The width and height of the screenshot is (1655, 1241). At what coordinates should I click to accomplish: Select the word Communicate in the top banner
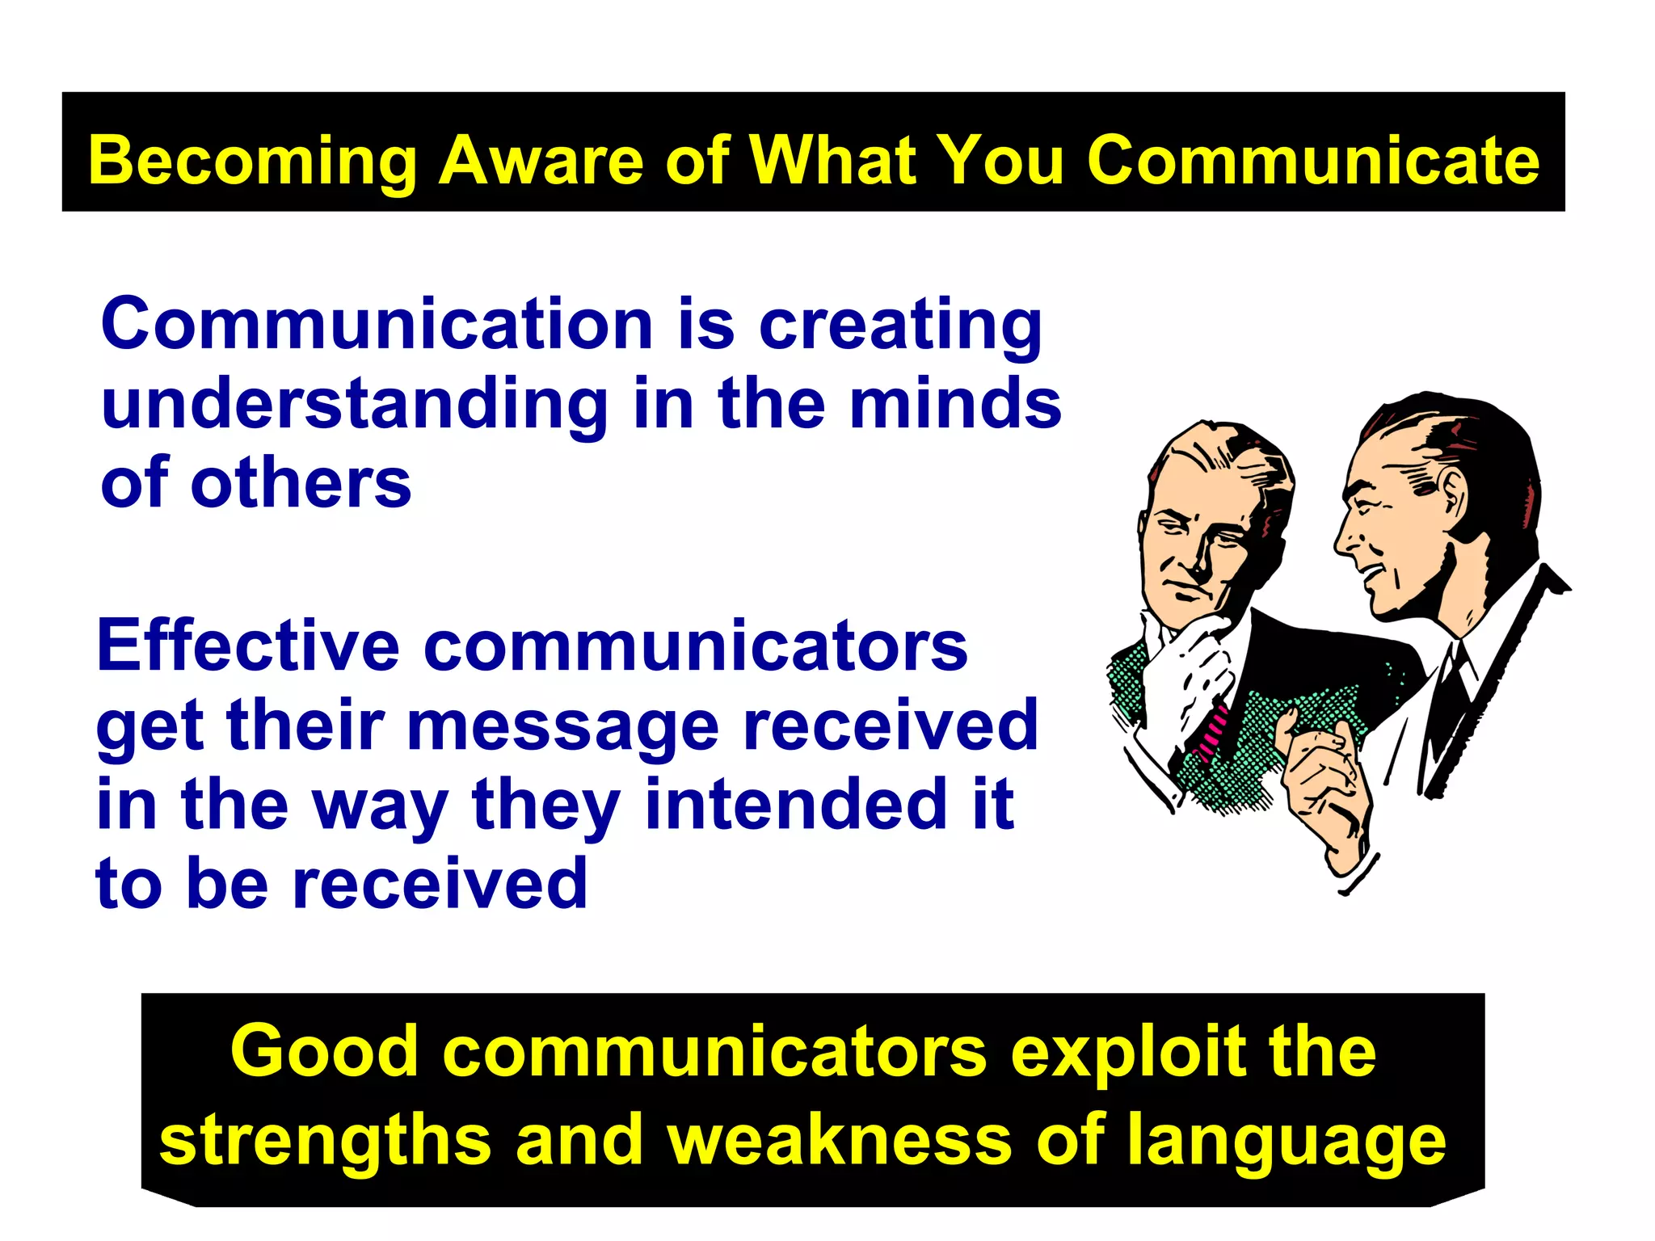[1312, 161]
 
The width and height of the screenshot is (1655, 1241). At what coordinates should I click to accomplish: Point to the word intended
[795, 804]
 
